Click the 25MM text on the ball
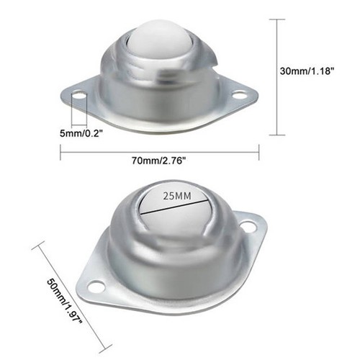point(176,196)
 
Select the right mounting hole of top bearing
point(238,94)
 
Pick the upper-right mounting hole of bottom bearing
point(248,226)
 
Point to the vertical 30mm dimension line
point(277,77)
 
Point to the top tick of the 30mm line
point(277,20)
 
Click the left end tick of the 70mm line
point(60,151)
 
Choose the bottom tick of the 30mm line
point(277,135)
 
